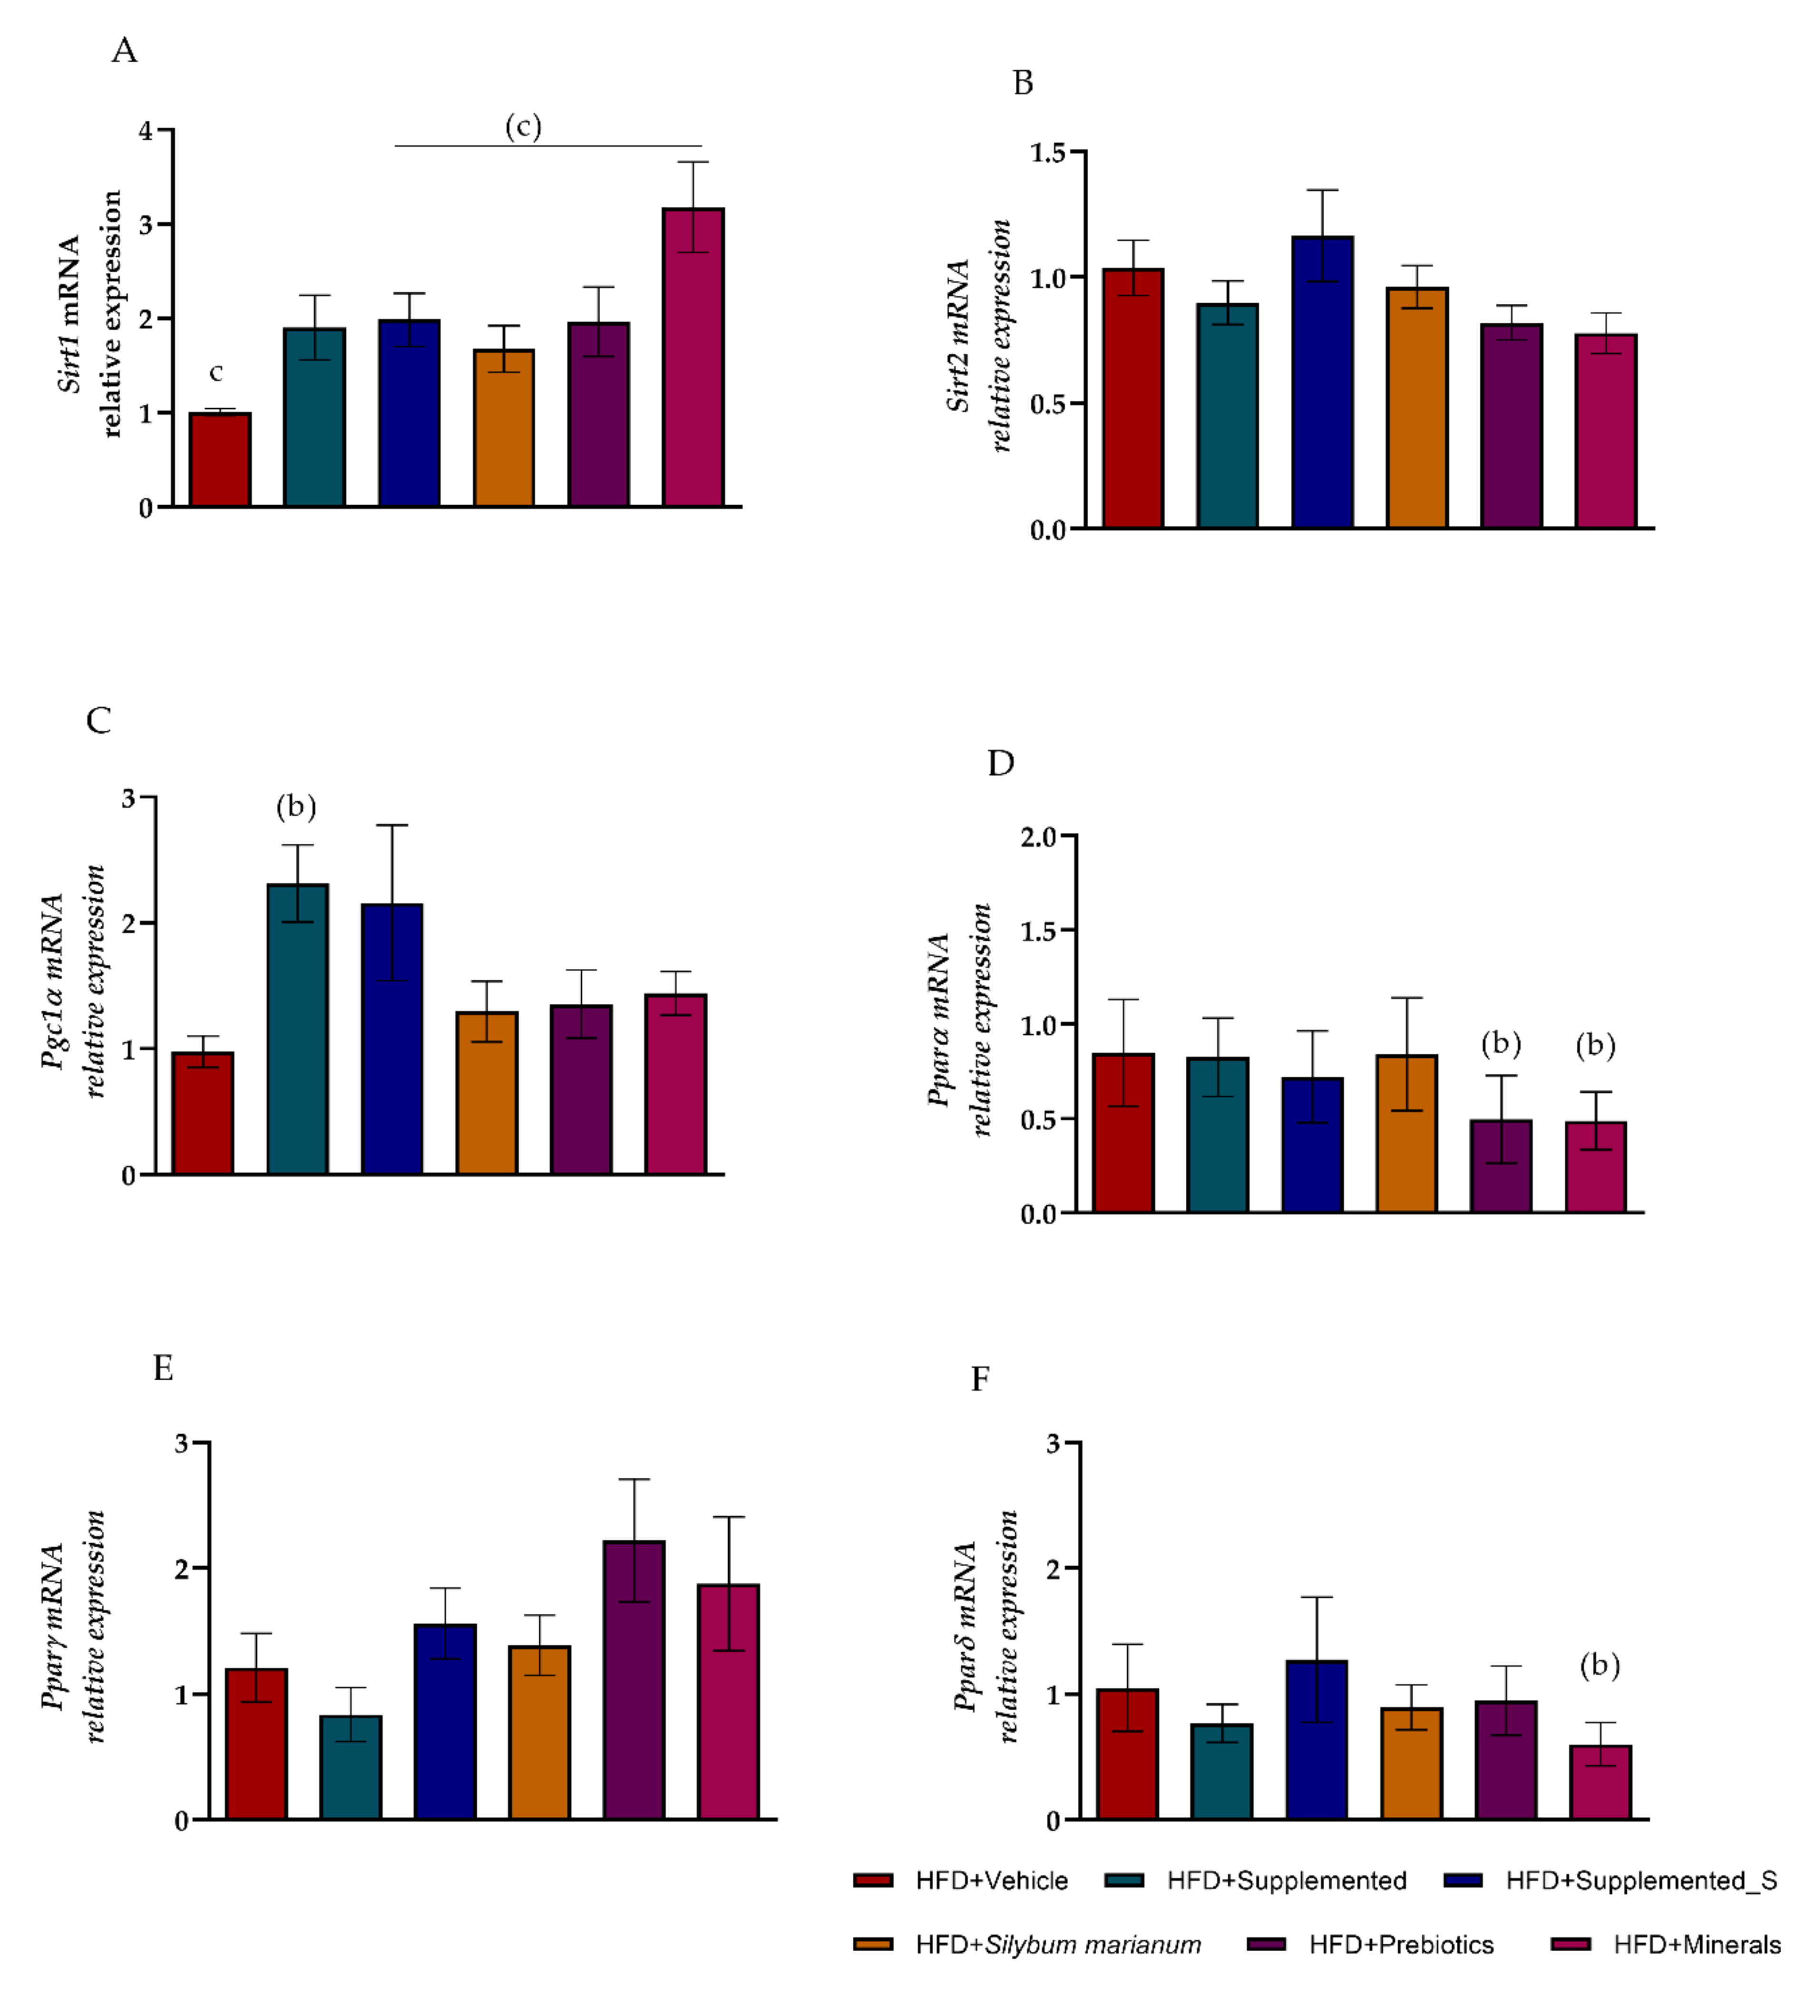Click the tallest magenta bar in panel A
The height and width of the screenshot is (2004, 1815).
[693, 358]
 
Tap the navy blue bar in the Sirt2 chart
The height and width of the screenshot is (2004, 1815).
[1322, 383]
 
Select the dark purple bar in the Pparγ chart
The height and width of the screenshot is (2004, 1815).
[634, 1680]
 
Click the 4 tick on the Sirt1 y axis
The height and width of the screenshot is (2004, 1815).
[146, 130]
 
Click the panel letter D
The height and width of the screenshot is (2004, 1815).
[1001, 763]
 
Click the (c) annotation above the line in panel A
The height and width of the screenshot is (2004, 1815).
[523, 126]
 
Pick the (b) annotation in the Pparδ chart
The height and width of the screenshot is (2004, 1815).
[1599, 1665]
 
